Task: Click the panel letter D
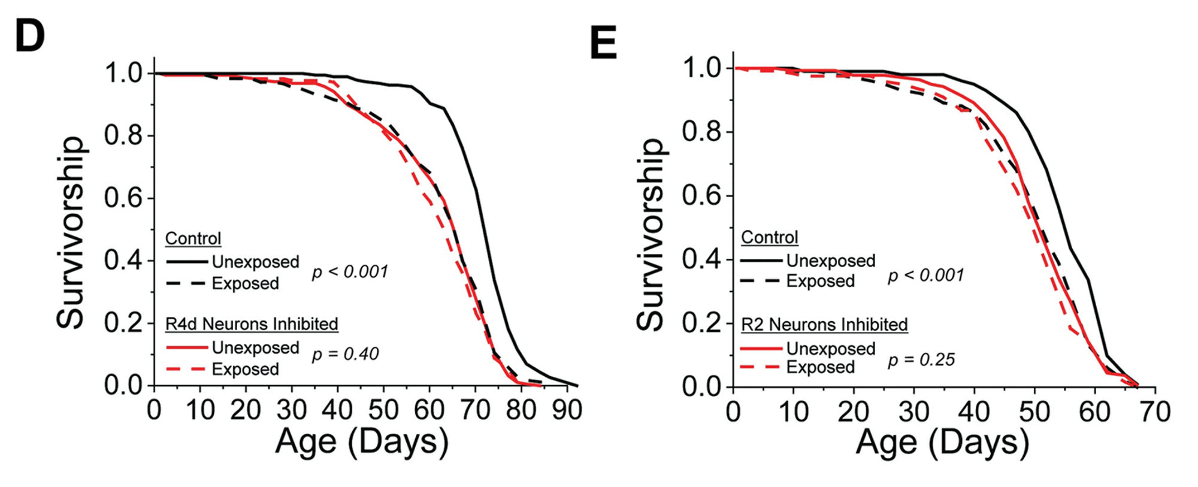point(30,36)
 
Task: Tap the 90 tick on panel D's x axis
point(567,410)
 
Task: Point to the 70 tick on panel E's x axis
point(1154,412)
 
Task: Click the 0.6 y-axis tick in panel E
point(701,196)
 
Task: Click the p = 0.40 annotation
point(346,354)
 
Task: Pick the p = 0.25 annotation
point(921,359)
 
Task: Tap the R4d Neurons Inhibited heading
point(252,324)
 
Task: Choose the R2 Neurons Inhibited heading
point(824,325)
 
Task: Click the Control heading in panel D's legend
point(193,238)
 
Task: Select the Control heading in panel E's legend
point(769,237)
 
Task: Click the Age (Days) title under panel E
point(942,444)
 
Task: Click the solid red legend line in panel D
point(187,347)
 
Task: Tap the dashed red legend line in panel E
point(761,367)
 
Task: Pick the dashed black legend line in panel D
point(187,283)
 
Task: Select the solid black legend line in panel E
point(761,261)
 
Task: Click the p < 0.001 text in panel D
point(350,272)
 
